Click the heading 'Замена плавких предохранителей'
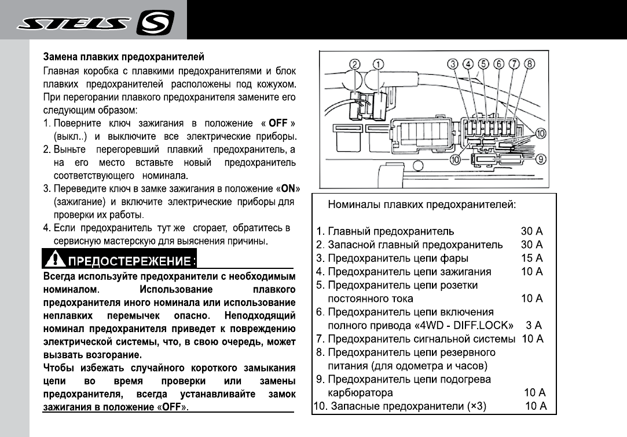pos(124,57)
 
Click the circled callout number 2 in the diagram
pos(355,64)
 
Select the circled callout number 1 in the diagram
pos(378,64)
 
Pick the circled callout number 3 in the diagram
pos(454,64)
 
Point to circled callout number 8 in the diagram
pos(529,64)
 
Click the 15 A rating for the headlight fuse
pos(531,258)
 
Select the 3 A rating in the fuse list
pos(534,325)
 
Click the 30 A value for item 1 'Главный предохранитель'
pos(531,231)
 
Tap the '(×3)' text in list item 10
pos(476,406)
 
